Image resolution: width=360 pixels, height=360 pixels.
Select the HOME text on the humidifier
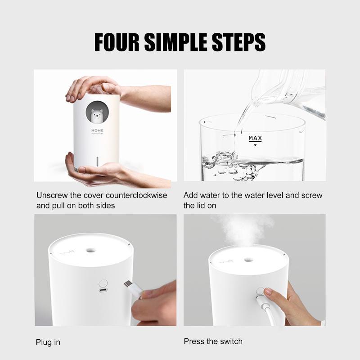point(97,130)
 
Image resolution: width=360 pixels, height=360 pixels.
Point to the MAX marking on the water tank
point(255,138)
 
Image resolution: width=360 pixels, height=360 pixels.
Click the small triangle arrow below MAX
point(255,145)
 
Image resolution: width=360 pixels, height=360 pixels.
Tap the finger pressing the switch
point(269,292)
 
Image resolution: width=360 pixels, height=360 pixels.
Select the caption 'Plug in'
point(48,342)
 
